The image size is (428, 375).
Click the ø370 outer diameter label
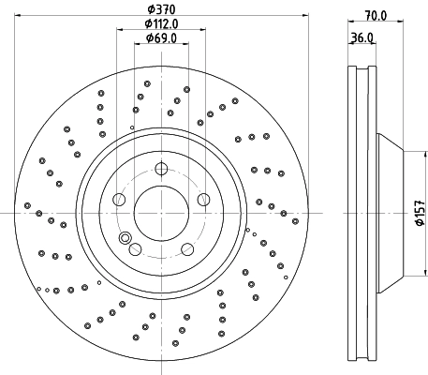[161, 10]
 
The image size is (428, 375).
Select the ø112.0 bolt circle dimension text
[161, 24]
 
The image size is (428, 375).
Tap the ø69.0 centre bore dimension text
[161, 38]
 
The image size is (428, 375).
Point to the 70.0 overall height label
[376, 16]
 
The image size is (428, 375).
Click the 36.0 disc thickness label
[362, 38]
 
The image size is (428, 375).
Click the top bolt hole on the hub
[160, 170]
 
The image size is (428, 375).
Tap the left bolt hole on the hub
[118, 200]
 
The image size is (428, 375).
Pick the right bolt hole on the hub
[202, 199]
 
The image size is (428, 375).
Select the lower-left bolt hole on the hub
[134, 249]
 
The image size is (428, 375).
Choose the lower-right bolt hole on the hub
[186, 249]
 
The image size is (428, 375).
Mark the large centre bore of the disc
[160, 212]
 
